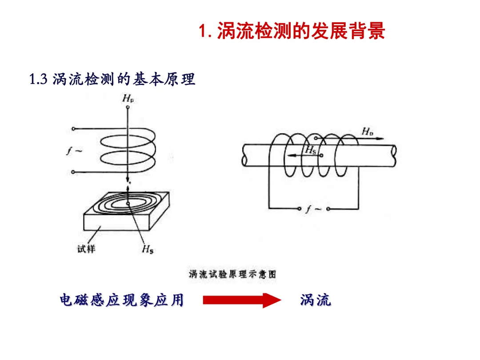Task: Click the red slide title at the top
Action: coord(292,32)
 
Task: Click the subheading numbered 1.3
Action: coord(112,80)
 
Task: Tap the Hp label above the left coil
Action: coord(128,99)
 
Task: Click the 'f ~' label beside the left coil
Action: coord(72,151)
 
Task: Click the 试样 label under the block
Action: coord(87,248)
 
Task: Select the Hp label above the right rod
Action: coord(367,131)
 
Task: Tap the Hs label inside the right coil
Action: coord(310,150)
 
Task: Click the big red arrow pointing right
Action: coord(242,300)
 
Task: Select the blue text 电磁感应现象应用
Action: coord(121,300)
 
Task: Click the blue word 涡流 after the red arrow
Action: coord(316,300)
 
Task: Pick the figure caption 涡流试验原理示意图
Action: coord(232,274)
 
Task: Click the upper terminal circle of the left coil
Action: coord(73,129)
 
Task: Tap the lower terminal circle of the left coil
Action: coord(73,172)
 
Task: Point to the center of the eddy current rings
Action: coord(128,204)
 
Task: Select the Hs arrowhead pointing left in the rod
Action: coord(289,156)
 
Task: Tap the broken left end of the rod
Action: coord(244,155)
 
